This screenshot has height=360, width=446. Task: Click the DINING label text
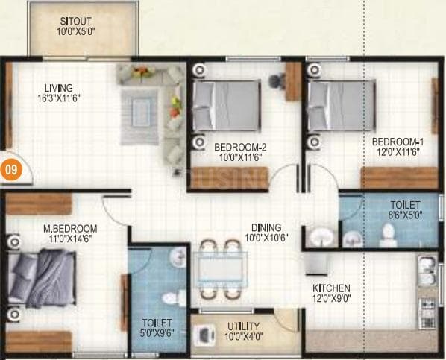tap(266, 227)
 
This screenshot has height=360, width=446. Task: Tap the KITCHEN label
tap(332, 288)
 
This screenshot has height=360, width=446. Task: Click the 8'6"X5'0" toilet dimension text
tap(404, 216)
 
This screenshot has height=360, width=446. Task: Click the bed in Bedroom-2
tap(224, 106)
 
